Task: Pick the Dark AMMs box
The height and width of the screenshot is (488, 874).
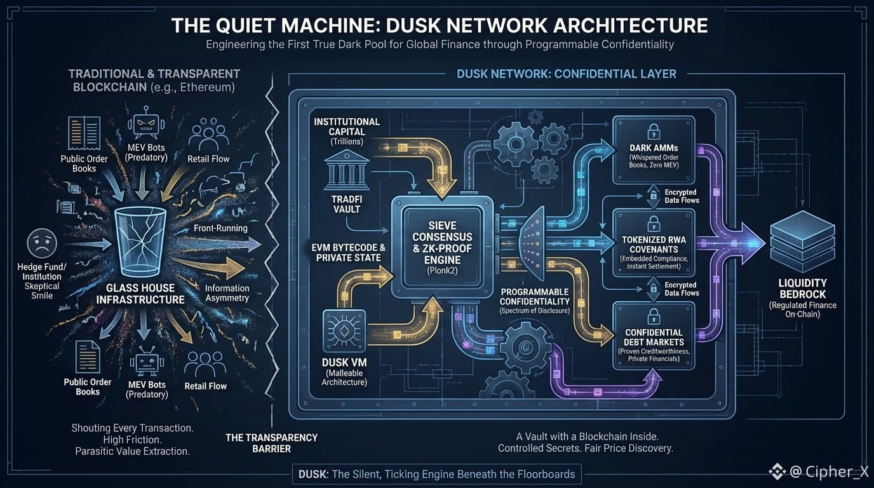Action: (654, 150)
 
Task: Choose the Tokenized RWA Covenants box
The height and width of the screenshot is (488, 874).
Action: (654, 242)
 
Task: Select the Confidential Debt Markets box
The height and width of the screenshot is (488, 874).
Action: (654, 335)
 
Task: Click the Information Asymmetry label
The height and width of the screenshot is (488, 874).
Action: (227, 293)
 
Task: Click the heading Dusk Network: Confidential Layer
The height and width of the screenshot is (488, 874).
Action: (566, 74)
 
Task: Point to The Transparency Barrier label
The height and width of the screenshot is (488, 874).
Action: (271, 443)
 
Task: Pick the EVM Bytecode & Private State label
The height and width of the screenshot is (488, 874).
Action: (347, 253)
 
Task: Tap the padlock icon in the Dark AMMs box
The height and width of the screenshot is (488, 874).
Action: (653, 132)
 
